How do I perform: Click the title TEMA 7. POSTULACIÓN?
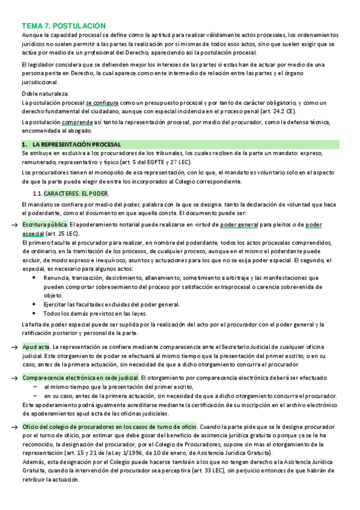(63, 26)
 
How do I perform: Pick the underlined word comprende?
(79, 123)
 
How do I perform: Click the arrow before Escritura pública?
(14, 225)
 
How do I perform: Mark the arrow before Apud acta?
(14, 348)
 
